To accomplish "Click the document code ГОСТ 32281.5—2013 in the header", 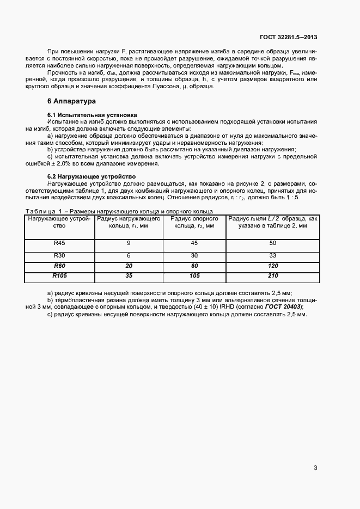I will coord(288,38).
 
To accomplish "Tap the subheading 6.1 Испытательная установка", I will coord(90,115).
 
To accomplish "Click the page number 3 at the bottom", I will coord(315,468).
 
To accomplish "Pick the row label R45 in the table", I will coord(59,243).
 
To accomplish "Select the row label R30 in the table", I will coord(59,255).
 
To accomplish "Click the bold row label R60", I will coord(59,266).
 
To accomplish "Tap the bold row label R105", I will coord(59,276).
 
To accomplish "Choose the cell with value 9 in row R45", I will coord(129,243).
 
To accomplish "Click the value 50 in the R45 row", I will coord(273,243).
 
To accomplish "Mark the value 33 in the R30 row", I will coord(273,255).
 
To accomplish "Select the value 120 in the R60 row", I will coord(273,266).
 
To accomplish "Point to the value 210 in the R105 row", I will coord(273,276).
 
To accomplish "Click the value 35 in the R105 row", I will coord(129,276).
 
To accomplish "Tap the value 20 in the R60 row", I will coord(129,266).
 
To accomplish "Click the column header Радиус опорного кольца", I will coord(194,222).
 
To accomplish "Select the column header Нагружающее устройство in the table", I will coord(59,222).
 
